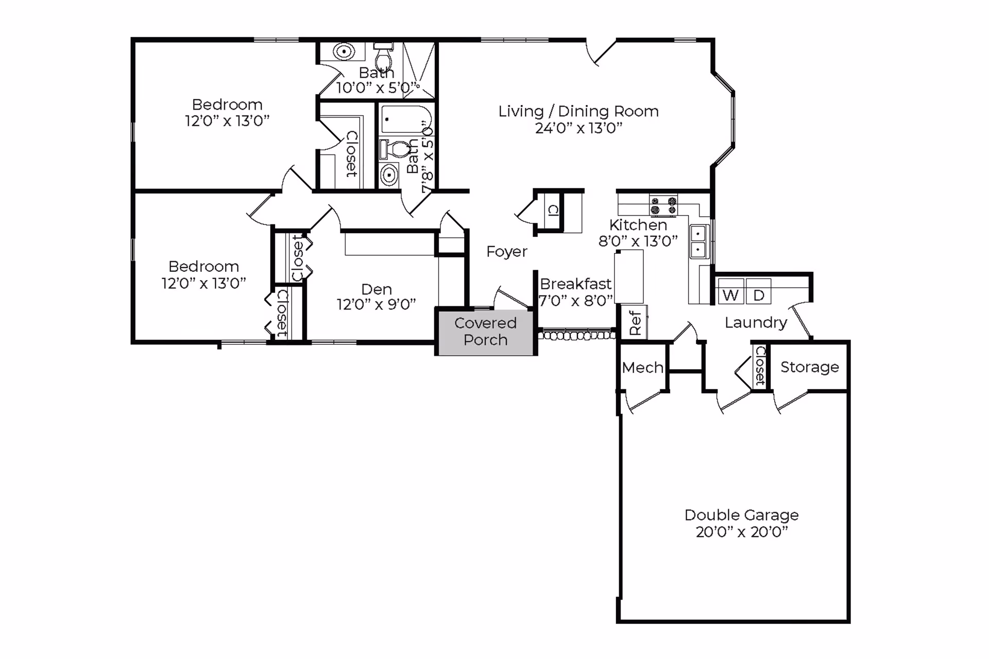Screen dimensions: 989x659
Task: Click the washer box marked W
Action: click(x=730, y=291)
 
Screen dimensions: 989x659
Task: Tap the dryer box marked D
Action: click(x=758, y=291)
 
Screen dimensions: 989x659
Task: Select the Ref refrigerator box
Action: click(x=635, y=322)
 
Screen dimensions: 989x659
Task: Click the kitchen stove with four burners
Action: click(x=663, y=205)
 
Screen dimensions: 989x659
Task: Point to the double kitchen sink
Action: click(x=698, y=241)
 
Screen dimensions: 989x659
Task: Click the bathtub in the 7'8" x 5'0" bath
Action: click(x=406, y=119)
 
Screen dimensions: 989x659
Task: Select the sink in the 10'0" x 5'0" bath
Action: click(x=343, y=51)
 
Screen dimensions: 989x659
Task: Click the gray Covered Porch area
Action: click(x=485, y=333)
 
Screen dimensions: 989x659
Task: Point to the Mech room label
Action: click(x=642, y=368)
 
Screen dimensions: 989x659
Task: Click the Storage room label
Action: click(x=809, y=367)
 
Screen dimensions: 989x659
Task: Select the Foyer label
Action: click(x=507, y=252)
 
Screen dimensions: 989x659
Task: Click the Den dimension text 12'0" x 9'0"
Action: click(x=376, y=304)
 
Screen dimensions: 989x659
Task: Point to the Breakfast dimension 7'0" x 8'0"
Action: click(x=576, y=301)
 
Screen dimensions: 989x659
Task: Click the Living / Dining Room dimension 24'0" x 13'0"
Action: click(x=578, y=128)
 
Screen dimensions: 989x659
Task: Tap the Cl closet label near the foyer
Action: click(x=553, y=210)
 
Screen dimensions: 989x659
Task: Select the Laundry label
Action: click(x=756, y=323)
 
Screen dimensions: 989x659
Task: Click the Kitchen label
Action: click(x=638, y=225)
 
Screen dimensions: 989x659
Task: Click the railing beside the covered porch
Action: click(x=577, y=336)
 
